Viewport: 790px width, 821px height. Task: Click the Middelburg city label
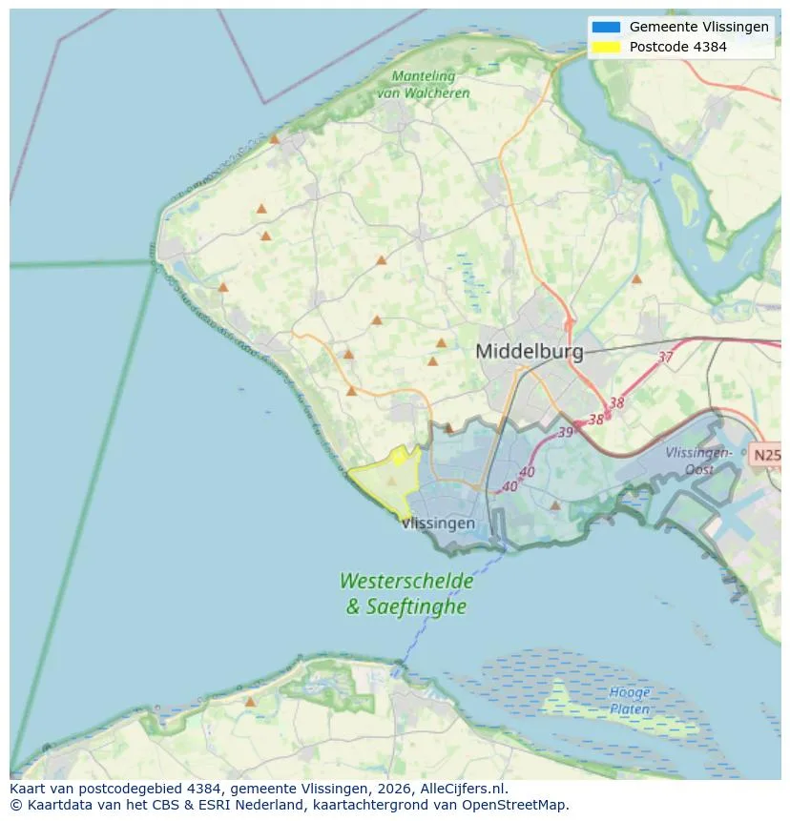pos(529,352)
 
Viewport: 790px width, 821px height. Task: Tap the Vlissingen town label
pos(439,523)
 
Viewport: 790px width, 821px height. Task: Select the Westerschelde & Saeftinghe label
pos(405,592)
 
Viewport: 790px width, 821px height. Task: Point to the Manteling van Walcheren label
pos(423,85)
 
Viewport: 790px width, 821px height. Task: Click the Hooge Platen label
pos(630,701)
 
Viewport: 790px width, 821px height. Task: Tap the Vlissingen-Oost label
pos(698,461)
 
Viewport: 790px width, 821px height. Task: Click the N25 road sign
pos(766,455)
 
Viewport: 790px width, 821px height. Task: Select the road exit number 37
pos(665,358)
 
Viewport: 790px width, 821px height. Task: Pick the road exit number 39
pos(565,432)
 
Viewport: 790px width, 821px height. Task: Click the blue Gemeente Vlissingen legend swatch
pos(605,27)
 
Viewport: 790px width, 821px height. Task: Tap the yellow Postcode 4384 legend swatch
pos(605,47)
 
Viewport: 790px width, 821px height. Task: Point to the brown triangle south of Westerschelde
pos(250,702)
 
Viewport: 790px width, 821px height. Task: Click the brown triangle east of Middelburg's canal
pos(636,279)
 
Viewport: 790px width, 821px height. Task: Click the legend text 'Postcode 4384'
pos(678,47)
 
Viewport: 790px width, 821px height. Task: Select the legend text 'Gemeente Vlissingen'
pos(699,27)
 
